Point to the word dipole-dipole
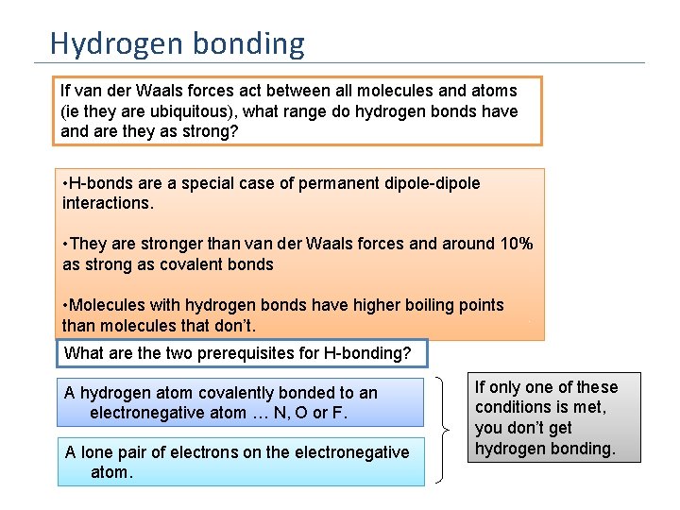pos(430,183)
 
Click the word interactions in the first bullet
pos(106,203)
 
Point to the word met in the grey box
pos(590,407)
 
